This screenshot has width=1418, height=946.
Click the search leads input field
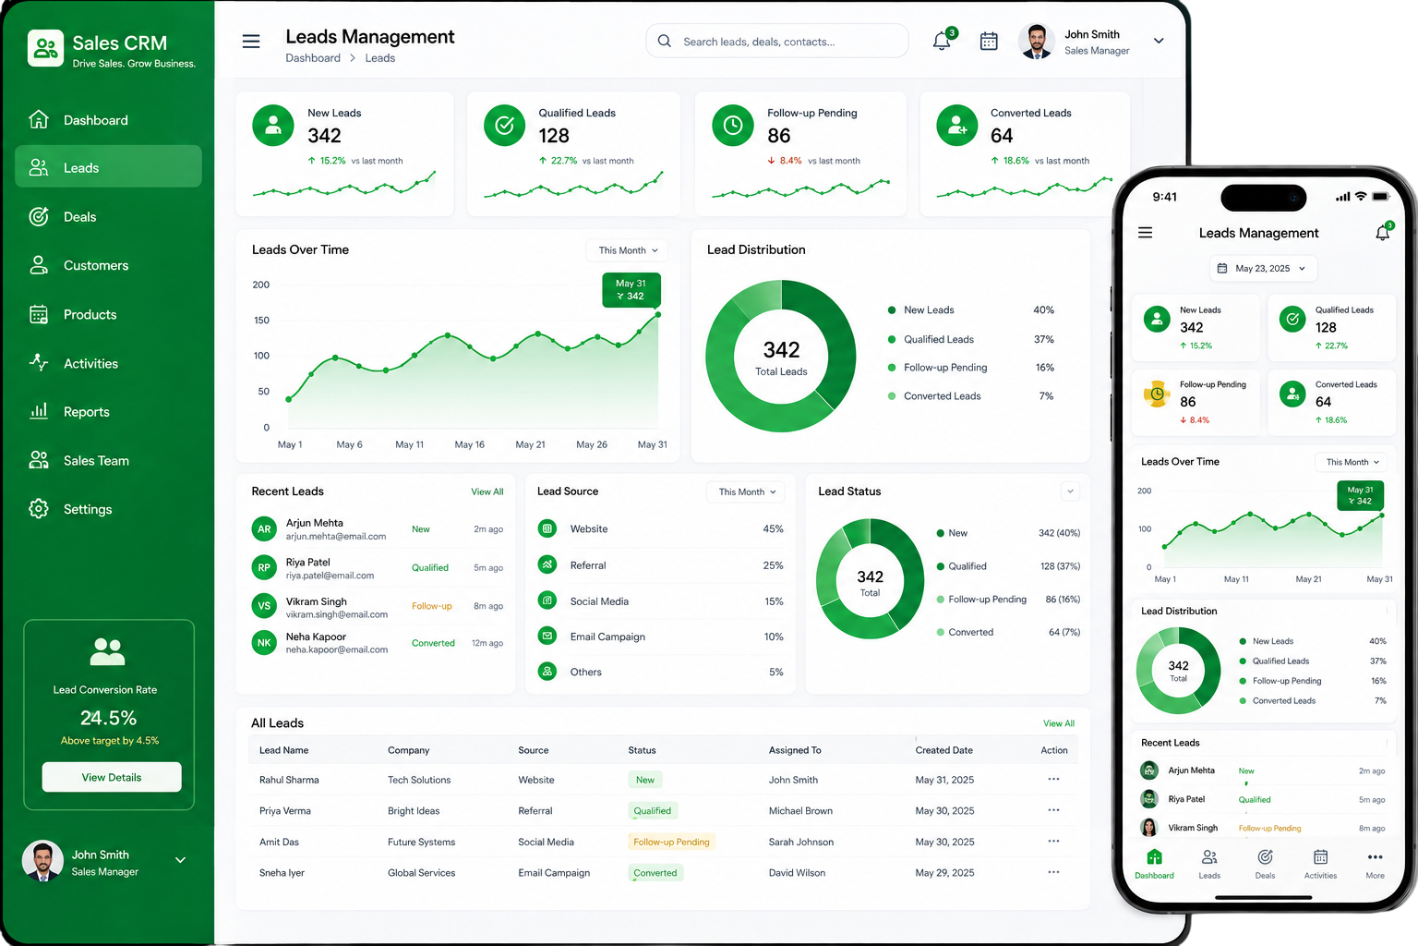(776, 42)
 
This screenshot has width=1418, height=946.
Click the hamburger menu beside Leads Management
(251, 42)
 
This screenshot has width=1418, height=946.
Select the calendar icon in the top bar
(989, 42)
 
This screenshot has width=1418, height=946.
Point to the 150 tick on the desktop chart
(261, 320)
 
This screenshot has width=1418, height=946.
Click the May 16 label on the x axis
(470, 444)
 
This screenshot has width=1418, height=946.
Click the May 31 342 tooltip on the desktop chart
(631, 289)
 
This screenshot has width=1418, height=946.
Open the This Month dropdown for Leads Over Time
(628, 250)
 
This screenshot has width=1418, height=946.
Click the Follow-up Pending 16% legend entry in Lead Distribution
(971, 368)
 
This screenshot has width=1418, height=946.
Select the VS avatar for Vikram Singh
(264, 605)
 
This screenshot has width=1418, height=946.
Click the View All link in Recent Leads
(487, 491)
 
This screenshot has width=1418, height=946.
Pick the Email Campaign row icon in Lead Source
(547, 636)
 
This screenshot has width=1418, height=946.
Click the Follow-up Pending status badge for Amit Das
(671, 842)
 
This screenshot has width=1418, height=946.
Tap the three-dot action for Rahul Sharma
(1053, 779)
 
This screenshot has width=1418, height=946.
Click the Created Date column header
(943, 750)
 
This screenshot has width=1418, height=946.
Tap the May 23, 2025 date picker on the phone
(1264, 268)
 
